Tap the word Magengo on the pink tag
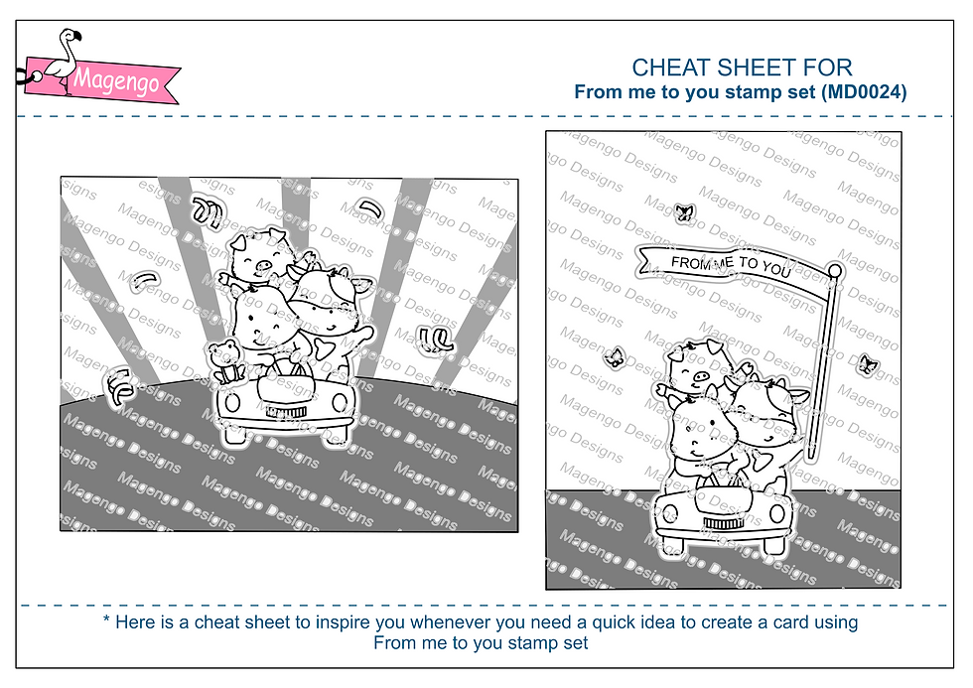(116, 80)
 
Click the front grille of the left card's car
(286, 412)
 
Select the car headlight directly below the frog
(232, 403)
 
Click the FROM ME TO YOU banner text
(731, 265)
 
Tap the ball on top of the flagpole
(835, 270)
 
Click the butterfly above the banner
(684, 212)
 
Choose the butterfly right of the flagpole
(866, 365)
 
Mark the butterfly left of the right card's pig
(615, 356)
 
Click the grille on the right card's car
(722, 523)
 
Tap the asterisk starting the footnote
(107, 619)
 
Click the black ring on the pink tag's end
(23, 76)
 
